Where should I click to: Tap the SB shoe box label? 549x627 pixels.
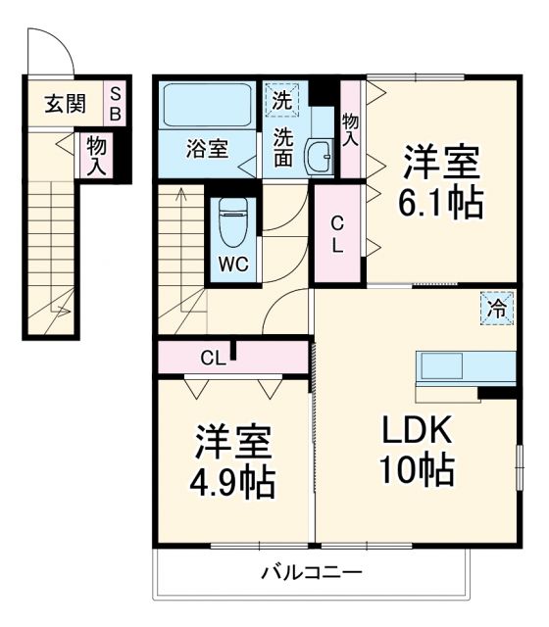(x=116, y=104)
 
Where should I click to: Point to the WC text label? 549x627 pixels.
(x=232, y=264)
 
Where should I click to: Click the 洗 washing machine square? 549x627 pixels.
(x=282, y=99)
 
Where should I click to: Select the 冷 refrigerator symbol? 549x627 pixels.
(x=498, y=309)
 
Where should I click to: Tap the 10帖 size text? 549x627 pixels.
(x=417, y=471)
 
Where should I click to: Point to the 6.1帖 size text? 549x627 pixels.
(x=440, y=203)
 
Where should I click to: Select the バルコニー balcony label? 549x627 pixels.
(x=311, y=572)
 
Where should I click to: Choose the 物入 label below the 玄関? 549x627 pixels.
(x=96, y=155)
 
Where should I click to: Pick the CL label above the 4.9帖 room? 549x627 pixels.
(x=213, y=357)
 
